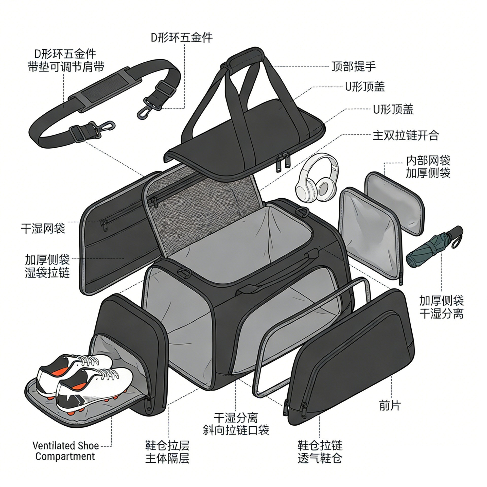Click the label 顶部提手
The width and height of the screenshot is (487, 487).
pyautogui.click(x=354, y=66)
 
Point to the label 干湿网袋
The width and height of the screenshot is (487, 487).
pyautogui.click(x=43, y=228)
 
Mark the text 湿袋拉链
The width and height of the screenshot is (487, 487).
pyautogui.click(x=47, y=273)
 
